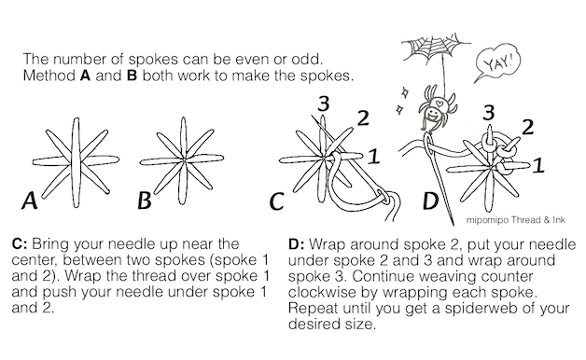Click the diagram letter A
[x=30, y=201]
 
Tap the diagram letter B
[x=145, y=201]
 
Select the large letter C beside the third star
[x=276, y=201]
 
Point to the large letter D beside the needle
[x=430, y=201]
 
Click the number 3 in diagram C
[x=324, y=104]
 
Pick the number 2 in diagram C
[x=363, y=118]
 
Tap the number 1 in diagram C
[x=374, y=157]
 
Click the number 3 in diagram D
[x=488, y=112]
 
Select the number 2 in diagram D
[x=527, y=127]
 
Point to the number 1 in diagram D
[x=538, y=165]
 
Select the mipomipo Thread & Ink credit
[x=516, y=219]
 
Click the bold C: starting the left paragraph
[x=20, y=243]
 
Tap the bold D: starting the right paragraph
[x=297, y=244]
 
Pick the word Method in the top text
[x=49, y=76]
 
